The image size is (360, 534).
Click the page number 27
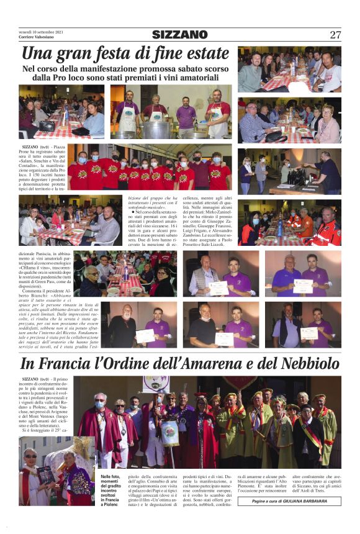[335, 35]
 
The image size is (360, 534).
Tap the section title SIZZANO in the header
[179, 35]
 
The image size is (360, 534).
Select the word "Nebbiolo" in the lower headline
[304, 364]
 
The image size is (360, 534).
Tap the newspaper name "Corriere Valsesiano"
[38, 37]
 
